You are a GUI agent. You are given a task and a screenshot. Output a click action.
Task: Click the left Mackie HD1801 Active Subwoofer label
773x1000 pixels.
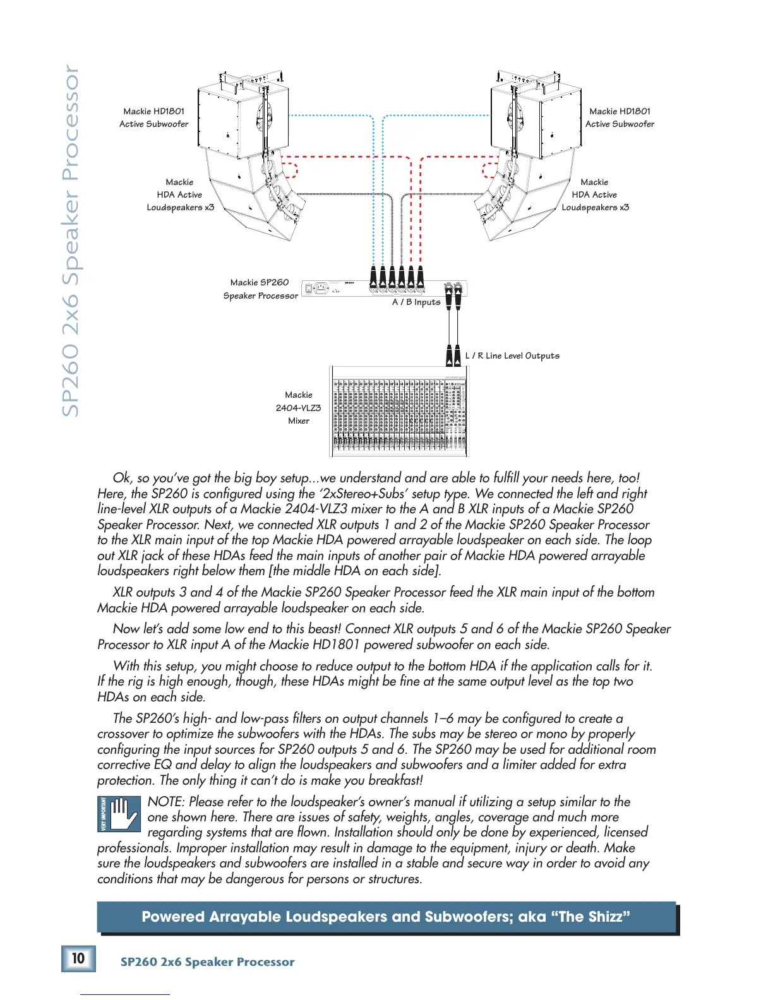(x=153, y=118)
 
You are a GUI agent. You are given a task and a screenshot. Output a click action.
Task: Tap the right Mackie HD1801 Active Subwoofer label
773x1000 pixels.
(x=620, y=118)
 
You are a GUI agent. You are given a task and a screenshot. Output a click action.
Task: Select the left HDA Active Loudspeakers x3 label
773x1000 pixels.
(x=180, y=195)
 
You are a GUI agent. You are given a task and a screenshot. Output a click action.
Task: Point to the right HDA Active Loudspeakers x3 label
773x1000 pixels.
(x=595, y=195)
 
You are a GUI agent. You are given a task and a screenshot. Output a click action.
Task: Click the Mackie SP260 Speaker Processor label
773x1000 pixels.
(x=260, y=289)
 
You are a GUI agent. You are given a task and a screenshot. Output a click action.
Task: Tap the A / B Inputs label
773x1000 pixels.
(x=416, y=302)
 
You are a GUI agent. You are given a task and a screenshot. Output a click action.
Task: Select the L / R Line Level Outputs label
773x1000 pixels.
(x=512, y=356)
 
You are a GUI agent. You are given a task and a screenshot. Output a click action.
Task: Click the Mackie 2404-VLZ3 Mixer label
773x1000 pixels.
(x=298, y=408)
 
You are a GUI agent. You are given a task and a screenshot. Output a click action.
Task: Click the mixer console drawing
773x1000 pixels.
(x=398, y=411)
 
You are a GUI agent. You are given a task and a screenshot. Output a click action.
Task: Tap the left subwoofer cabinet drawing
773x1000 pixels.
(x=243, y=120)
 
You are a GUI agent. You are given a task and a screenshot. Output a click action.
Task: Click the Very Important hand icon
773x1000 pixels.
(x=118, y=813)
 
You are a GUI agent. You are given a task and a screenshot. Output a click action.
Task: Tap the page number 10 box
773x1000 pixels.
(x=78, y=958)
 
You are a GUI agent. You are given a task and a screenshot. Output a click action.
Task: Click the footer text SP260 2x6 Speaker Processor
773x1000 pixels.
(x=207, y=962)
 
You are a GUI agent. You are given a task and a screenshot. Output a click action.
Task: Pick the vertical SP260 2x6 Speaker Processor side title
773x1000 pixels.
(x=71, y=240)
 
